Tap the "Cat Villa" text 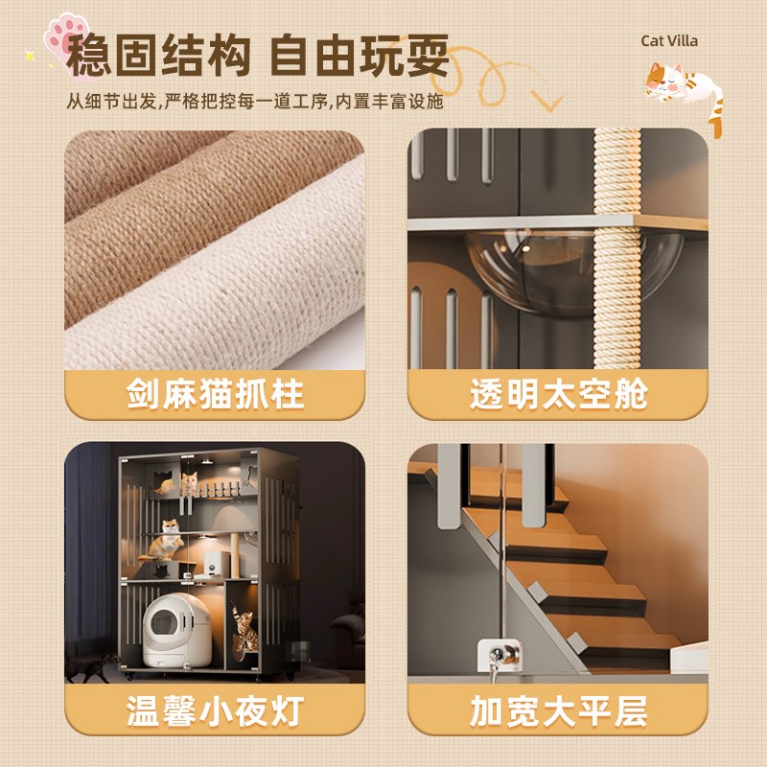click(x=669, y=40)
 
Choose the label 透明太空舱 click(x=558, y=395)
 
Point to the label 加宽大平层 click(x=558, y=711)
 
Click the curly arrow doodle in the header click(x=508, y=77)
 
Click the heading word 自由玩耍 click(x=360, y=58)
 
